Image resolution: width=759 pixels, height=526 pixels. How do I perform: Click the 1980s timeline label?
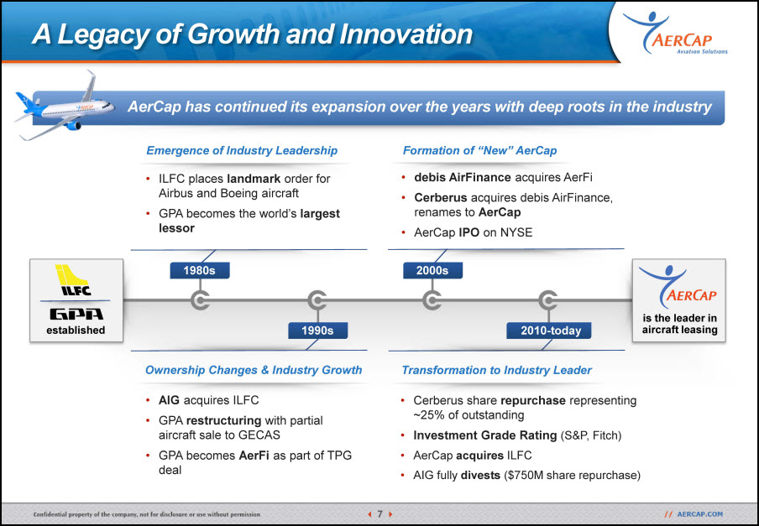pyautogui.click(x=200, y=270)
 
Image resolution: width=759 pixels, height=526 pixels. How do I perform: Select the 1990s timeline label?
pyautogui.click(x=317, y=331)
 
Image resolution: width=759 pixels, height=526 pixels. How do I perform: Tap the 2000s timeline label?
pyautogui.click(x=432, y=270)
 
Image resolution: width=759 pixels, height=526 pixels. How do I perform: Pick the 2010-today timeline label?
pyautogui.click(x=549, y=331)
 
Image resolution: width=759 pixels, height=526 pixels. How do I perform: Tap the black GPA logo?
pyautogui.click(x=76, y=315)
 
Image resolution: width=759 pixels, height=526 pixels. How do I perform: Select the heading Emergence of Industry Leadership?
pyautogui.click(x=242, y=150)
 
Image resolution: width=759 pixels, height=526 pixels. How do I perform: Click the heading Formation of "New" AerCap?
pyautogui.click(x=479, y=150)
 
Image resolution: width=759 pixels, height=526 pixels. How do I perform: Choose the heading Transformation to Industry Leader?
pyautogui.click(x=497, y=370)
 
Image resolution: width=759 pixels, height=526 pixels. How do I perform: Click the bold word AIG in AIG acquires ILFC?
pyautogui.click(x=169, y=400)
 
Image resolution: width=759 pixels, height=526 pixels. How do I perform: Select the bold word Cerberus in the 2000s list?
pyautogui.click(x=441, y=198)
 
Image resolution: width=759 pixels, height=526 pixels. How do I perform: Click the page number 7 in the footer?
pyautogui.click(x=380, y=514)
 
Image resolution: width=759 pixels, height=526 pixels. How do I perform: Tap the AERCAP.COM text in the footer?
pyautogui.click(x=700, y=514)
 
